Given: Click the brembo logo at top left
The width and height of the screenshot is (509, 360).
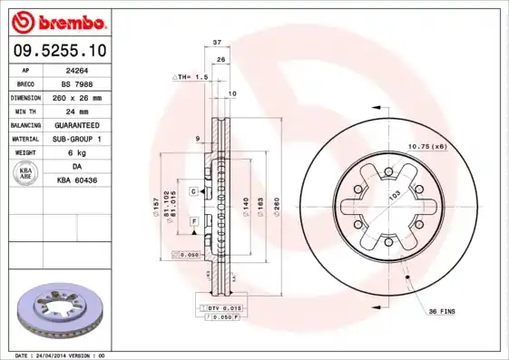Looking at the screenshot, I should pyautogui.click(x=60, y=21).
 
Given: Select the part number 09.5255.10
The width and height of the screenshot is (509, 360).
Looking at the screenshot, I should pyautogui.click(x=59, y=51).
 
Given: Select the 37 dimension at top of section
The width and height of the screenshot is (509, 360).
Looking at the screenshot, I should pyautogui.click(x=217, y=43).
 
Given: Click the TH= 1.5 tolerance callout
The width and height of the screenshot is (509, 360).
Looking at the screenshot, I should pyautogui.click(x=192, y=78).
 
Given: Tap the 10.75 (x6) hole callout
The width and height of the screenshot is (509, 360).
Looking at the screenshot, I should pyautogui.click(x=426, y=146).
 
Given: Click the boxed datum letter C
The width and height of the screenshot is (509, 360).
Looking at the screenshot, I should pyautogui.click(x=193, y=191).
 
